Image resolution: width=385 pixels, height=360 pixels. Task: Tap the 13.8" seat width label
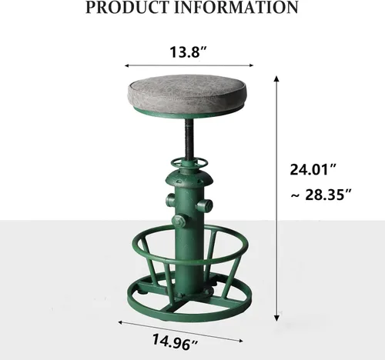tap(188, 52)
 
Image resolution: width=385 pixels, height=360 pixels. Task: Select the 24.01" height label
tap(313, 169)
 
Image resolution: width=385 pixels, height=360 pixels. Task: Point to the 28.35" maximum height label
tap(327, 195)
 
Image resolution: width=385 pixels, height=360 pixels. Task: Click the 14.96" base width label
tap(175, 342)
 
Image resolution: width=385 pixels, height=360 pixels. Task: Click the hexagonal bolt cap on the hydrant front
tap(179, 221)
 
